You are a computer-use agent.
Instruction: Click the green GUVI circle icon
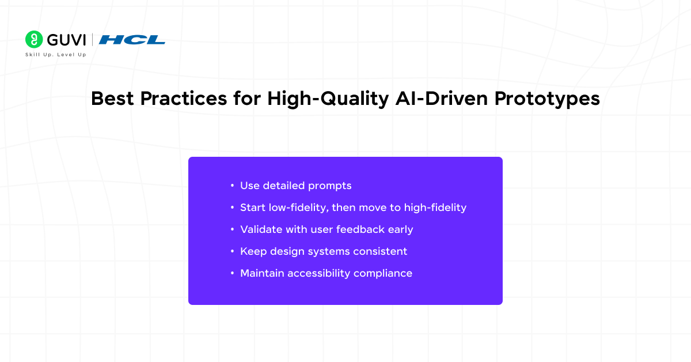coord(34,39)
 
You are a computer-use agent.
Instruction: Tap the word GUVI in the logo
coord(66,40)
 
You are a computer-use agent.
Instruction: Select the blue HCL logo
coord(132,40)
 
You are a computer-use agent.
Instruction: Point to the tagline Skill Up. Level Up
coord(55,55)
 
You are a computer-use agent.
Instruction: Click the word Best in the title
coord(112,99)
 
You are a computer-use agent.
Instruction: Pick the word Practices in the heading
coord(184,99)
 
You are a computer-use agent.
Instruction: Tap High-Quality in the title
coord(328,99)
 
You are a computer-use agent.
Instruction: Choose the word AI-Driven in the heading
coord(442,99)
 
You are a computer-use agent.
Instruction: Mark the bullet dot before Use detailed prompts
coord(232,186)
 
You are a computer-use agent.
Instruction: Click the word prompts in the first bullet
coord(330,186)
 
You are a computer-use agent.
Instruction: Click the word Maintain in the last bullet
coord(262,273)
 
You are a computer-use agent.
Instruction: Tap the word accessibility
coord(318,274)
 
